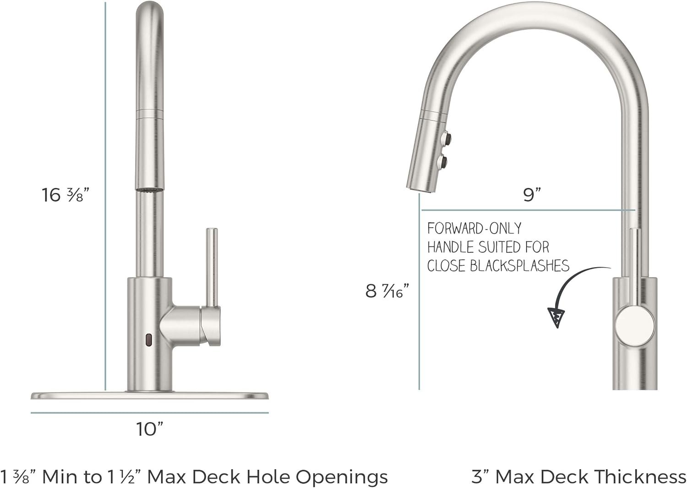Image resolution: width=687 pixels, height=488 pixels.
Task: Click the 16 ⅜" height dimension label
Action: click(x=65, y=195)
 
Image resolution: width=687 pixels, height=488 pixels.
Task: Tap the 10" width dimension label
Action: click(x=149, y=429)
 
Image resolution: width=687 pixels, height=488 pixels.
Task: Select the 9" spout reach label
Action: click(x=532, y=195)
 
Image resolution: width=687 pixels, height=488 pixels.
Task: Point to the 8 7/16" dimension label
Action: click(x=387, y=291)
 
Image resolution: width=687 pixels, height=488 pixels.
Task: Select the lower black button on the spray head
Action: click(x=443, y=161)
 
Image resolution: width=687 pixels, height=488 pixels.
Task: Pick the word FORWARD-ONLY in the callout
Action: click(x=474, y=228)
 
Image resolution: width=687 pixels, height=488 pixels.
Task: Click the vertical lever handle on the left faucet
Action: click(x=212, y=266)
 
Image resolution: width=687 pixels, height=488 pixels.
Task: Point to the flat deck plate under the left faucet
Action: click(x=149, y=395)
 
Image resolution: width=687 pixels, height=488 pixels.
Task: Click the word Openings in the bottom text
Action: click(x=342, y=477)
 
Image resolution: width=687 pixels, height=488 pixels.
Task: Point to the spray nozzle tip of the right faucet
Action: click(x=420, y=188)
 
